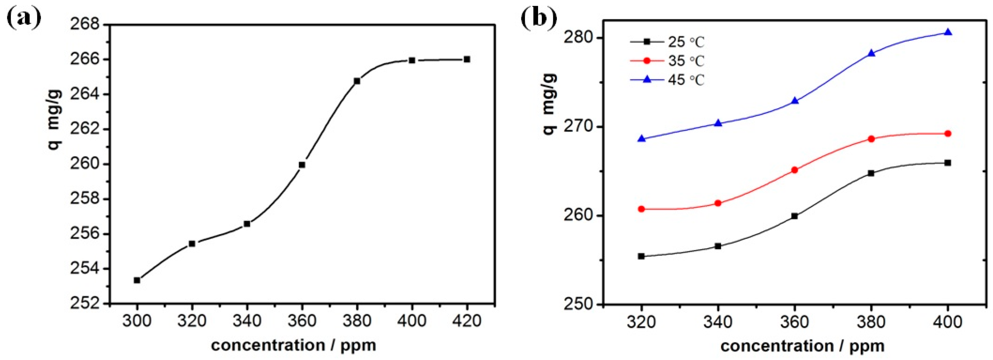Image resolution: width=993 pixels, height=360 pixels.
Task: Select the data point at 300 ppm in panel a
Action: (137, 280)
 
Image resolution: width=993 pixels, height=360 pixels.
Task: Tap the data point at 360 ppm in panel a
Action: (302, 165)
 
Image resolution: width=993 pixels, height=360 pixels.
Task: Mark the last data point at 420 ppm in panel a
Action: (467, 59)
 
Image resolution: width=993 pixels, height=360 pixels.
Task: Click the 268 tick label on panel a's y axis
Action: (84, 24)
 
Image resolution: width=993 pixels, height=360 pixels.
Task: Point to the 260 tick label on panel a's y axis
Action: (84, 164)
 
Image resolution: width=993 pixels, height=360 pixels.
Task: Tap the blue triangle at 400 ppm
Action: (948, 32)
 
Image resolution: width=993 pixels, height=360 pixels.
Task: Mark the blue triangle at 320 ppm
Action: (641, 139)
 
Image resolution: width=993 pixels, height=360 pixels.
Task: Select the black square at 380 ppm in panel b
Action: (871, 173)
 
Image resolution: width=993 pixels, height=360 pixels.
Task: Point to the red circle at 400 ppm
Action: (948, 134)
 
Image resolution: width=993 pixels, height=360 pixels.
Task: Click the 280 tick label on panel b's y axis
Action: (578, 38)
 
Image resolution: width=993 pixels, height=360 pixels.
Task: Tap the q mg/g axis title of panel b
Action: (549, 104)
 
